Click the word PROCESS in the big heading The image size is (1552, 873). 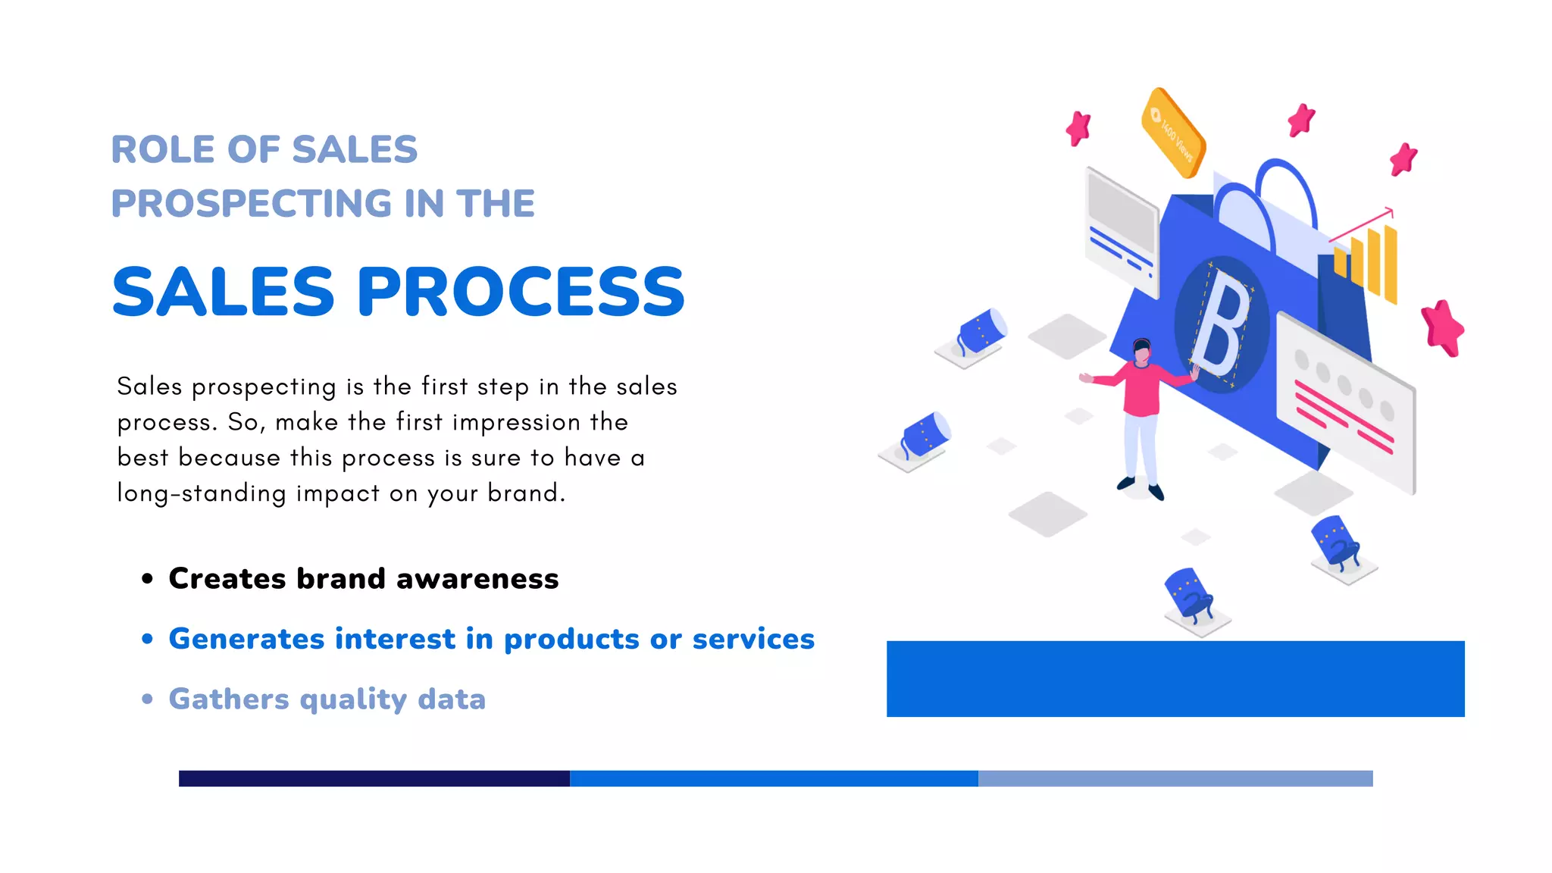click(x=521, y=292)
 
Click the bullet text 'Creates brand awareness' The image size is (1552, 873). click(x=363, y=579)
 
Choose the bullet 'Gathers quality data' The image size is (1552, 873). click(x=327, y=699)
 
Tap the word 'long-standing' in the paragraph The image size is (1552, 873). click(x=202, y=493)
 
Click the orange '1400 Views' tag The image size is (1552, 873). click(x=1172, y=133)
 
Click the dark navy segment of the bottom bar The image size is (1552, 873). click(x=374, y=778)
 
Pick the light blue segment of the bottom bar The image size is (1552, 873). click(x=1175, y=778)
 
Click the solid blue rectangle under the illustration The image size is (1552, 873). click(x=1175, y=678)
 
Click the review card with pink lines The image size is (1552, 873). click(x=1345, y=402)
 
